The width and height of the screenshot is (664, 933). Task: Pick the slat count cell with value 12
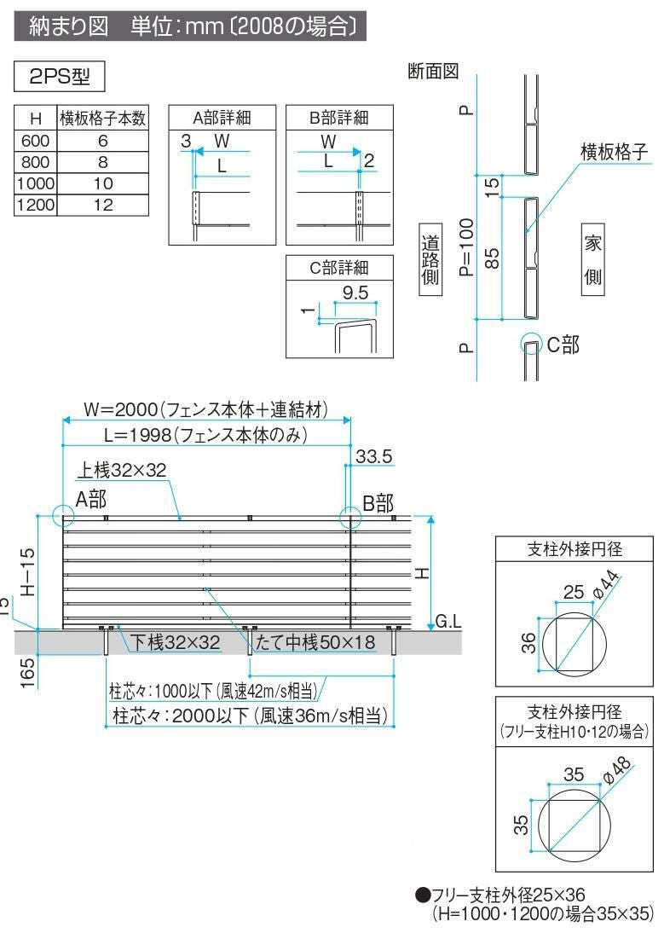102,205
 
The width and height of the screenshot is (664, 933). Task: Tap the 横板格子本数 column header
102,119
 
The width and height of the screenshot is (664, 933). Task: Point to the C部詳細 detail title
340,268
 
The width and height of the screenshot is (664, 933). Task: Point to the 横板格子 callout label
614,151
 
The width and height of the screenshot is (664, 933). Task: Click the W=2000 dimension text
205,409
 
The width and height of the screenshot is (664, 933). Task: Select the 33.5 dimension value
373,457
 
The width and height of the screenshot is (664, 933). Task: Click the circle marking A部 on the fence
63,516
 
